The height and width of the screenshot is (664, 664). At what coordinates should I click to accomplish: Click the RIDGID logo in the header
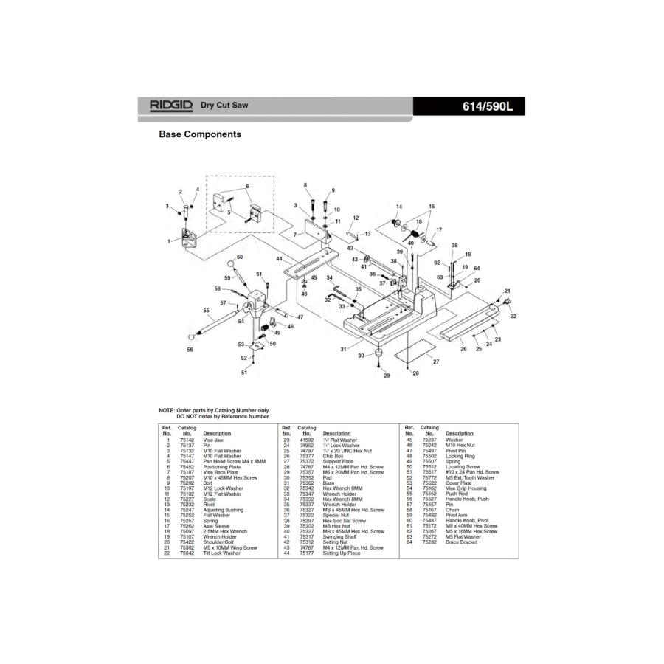pos(170,106)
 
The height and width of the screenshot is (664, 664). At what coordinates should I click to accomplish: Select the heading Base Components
pos(200,135)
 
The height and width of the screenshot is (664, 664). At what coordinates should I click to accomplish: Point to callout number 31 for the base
pos(343,348)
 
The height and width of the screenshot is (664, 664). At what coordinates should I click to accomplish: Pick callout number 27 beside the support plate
pos(436,362)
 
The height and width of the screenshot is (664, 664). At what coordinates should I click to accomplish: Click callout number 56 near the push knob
pos(190,350)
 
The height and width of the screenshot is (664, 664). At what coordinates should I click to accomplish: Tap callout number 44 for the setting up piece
pos(280,259)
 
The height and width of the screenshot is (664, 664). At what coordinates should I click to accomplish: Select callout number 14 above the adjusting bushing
pos(399,207)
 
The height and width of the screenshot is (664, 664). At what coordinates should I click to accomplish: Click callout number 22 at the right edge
pos(513,316)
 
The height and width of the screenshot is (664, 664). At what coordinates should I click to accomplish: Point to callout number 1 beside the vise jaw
pos(169,241)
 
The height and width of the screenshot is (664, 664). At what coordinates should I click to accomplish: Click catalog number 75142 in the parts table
pos(187,440)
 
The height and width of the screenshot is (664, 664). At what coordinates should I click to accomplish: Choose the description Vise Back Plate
pos(218,472)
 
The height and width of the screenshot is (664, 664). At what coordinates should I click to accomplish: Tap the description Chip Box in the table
pos(333,457)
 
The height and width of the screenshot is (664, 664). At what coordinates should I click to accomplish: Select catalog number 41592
pos(307,440)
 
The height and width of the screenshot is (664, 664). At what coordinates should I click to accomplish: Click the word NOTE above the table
pos(167,410)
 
